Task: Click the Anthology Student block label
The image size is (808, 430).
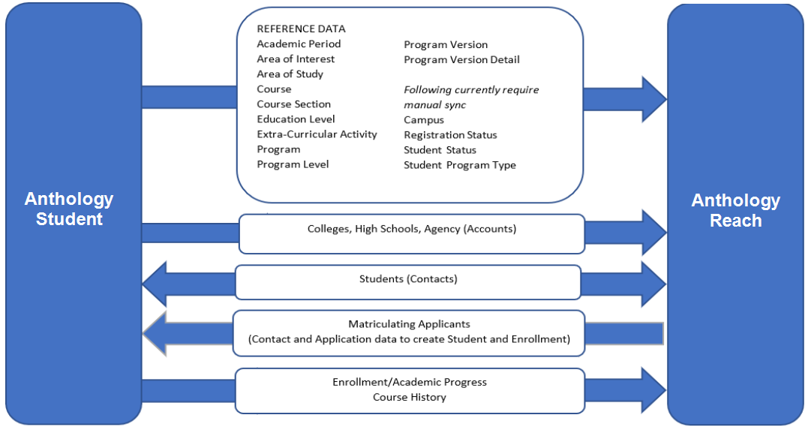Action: (x=69, y=209)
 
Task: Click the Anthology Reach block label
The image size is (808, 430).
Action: (x=735, y=211)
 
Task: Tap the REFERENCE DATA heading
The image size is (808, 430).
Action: (x=301, y=29)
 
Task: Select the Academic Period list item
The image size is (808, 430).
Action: (x=299, y=44)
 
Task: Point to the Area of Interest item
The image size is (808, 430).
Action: (x=296, y=59)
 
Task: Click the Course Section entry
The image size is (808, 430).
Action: (x=293, y=104)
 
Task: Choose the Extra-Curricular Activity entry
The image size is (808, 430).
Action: (x=317, y=134)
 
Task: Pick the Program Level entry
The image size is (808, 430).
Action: (x=293, y=164)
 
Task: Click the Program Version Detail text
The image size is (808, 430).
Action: (x=461, y=59)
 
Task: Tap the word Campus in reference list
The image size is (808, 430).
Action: (x=424, y=120)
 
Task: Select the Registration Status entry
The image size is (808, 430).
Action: (x=450, y=135)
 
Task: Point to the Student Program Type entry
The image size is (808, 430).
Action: (x=460, y=165)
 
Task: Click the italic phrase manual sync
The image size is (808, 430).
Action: (x=435, y=105)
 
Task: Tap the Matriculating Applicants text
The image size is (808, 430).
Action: (x=409, y=324)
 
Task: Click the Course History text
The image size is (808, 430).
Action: (x=409, y=397)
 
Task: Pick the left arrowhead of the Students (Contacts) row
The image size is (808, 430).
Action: (x=155, y=284)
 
